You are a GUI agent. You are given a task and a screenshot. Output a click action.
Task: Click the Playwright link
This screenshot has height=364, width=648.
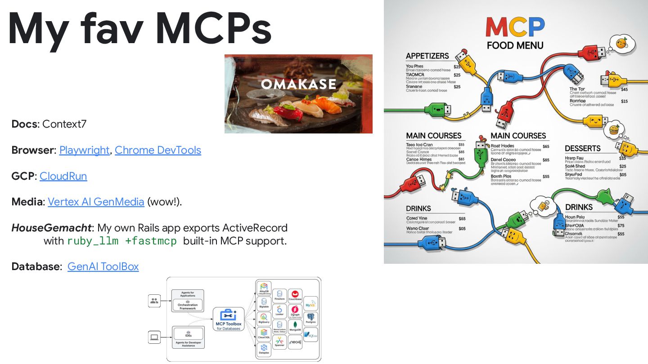(x=84, y=150)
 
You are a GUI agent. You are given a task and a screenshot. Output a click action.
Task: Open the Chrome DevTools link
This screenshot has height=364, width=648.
(x=158, y=150)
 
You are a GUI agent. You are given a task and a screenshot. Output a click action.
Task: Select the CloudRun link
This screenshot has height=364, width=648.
(x=63, y=176)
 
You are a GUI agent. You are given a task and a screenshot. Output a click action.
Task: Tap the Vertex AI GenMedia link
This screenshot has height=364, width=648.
(x=96, y=202)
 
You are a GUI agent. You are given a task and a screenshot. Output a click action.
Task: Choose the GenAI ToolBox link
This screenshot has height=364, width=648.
(x=103, y=266)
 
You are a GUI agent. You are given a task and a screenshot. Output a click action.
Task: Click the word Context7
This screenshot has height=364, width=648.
(x=64, y=124)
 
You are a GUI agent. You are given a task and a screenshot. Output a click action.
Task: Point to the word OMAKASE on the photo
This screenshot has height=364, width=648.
(x=298, y=84)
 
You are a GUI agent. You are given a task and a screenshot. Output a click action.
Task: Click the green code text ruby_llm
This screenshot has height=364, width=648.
(x=93, y=241)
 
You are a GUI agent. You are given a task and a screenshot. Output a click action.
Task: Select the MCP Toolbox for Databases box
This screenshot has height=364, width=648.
(x=229, y=320)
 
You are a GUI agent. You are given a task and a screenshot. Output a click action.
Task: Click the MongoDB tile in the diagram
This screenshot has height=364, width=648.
(x=295, y=325)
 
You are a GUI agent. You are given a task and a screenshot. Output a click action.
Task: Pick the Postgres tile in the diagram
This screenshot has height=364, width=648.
(x=310, y=319)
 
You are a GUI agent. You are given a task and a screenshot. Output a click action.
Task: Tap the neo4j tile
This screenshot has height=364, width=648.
(x=295, y=342)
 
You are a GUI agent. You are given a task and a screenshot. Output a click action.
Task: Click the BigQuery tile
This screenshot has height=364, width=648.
(x=264, y=319)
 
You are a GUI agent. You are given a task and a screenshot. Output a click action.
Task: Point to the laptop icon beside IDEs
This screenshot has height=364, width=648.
(x=154, y=337)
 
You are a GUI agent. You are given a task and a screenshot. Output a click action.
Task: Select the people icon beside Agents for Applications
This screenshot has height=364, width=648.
(x=154, y=301)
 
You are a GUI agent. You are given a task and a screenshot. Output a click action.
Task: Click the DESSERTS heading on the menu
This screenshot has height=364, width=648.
(x=583, y=148)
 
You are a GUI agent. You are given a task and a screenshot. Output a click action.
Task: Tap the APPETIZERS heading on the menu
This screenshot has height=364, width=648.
(x=427, y=56)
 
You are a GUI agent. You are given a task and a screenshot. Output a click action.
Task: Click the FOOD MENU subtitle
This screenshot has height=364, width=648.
(x=515, y=45)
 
